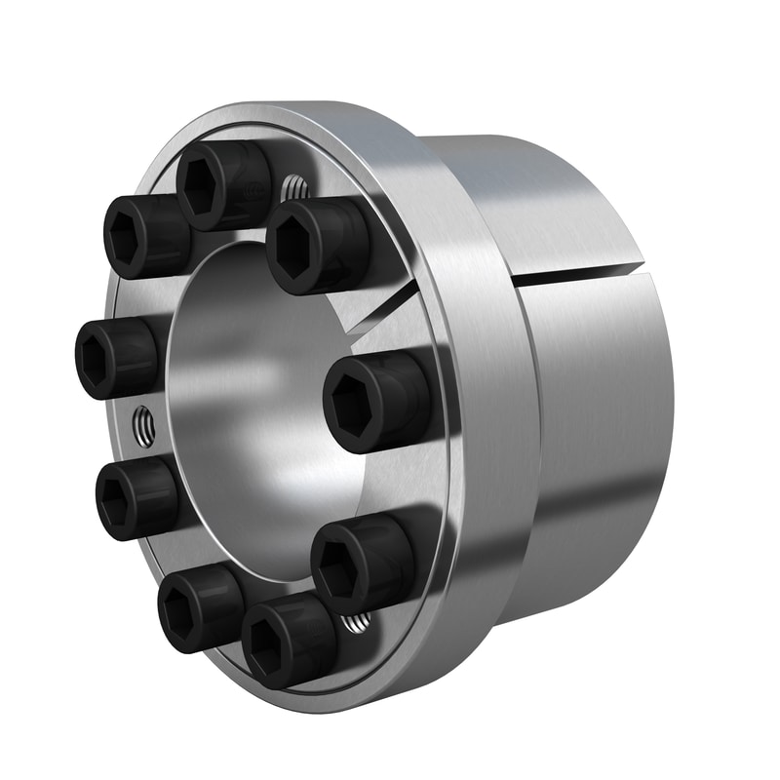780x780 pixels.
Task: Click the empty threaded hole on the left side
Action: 143,426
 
